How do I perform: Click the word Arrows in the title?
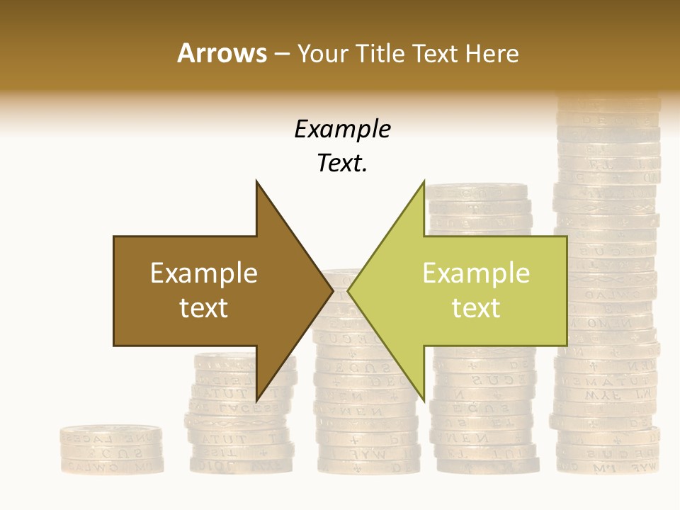point(222,53)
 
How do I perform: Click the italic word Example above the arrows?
point(342,129)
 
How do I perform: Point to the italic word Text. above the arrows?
point(342,164)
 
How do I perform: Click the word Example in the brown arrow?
point(203,273)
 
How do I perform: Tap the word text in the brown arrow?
point(203,308)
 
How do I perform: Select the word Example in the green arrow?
point(476,273)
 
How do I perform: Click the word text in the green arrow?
point(476,308)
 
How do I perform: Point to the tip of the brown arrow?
point(332,290)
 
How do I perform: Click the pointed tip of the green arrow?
point(348,290)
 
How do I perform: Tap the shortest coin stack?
point(111,449)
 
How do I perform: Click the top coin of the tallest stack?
point(608,103)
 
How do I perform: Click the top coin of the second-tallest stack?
point(478,191)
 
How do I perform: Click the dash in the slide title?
point(281,54)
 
